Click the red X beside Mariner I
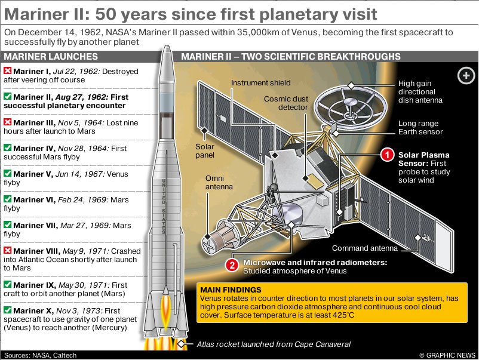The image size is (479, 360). click(8, 71)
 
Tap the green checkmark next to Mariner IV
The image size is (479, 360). click(8, 148)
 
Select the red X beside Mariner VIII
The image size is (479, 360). click(8, 250)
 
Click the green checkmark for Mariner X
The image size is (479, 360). click(8, 310)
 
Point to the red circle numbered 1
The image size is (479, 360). click(388, 155)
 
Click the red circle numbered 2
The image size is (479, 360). click(232, 265)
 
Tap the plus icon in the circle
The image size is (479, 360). click(466, 75)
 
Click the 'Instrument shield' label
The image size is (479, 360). click(260, 83)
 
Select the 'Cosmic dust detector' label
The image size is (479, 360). click(286, 103)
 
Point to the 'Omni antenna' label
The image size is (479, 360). click(219, 182)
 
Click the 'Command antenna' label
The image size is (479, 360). click(365, 248)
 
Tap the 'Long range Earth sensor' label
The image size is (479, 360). click(420, 128)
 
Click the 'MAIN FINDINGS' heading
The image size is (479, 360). click(231, 290)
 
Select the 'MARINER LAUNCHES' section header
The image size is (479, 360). click(51, 57)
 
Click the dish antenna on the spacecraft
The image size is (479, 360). click(351, 106)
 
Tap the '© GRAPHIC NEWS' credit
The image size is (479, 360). click(447, 355)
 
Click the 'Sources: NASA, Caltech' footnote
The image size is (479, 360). click(40, 355)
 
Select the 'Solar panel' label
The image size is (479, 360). click(205, 151)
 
